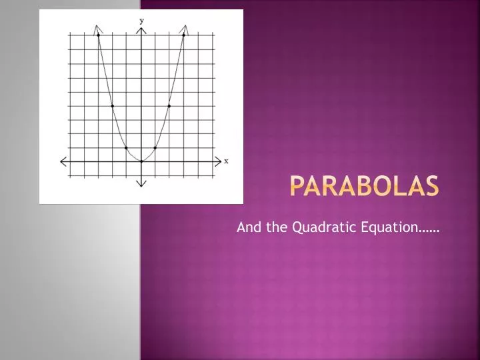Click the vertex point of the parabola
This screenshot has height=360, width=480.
[141, 161]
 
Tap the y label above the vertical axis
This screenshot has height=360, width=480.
[141, 21]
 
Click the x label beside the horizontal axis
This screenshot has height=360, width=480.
[226, 161]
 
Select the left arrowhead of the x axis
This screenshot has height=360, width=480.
[64, 161]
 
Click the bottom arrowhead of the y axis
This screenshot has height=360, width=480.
[141, 183]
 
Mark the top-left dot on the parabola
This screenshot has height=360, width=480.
[99, 35]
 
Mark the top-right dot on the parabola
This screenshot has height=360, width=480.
[184, 35]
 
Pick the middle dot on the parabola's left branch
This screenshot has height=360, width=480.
[113, 105]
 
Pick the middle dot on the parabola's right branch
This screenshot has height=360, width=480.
[169, 105]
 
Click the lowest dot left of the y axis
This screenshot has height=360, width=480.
[127, 147]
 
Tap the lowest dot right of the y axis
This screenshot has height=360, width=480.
[155, 147]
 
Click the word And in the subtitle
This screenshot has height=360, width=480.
[247, 227]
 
